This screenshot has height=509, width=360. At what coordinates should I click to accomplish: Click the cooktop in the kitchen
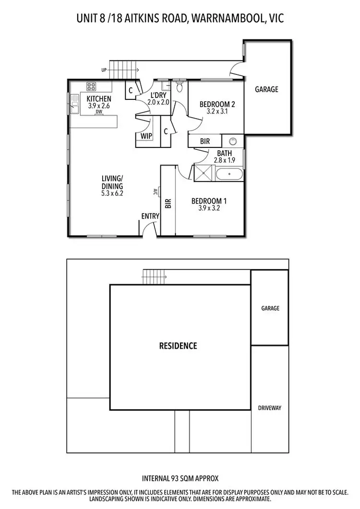pyautogui.click(x=92, y=86)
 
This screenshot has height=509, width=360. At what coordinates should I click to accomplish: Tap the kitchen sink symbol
pyautogui.click(x=74, y=104)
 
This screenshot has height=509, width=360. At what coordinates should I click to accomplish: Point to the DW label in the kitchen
pyautogui.click(x=99, y=112)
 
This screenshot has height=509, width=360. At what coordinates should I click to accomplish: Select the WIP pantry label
pyautogui.click(x=146, y=136)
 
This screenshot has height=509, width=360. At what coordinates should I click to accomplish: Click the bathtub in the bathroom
pyautogui.click(x=230, y=173)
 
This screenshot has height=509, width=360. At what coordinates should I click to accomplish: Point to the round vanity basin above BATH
pyautogui.click(x=233, y=141)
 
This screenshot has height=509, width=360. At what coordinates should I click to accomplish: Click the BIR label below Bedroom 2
pyautogui.click(x=204, y=142)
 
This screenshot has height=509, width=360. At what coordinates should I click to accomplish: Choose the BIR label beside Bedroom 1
pyautogui.click(x=168, y=204)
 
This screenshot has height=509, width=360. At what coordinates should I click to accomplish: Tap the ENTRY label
pyautogui.click(x=150, y=217)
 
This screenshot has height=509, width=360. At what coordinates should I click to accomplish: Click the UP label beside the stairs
pyautogui.click(x=104, y=70)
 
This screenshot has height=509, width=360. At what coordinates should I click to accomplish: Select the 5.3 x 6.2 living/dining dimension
pyautogui.click(x=112, y=194)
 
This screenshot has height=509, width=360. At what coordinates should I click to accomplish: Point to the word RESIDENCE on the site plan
pyautogui.click(x=178, y=346)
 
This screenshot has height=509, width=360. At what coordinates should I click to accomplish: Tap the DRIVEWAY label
pyautogui.click(x=269, y=408)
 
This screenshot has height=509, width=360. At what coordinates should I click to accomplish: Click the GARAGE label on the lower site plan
pyautogui.click(x=270, y=309)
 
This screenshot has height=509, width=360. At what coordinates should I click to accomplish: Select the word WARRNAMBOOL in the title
pyautogui.click(x=222, y=19)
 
